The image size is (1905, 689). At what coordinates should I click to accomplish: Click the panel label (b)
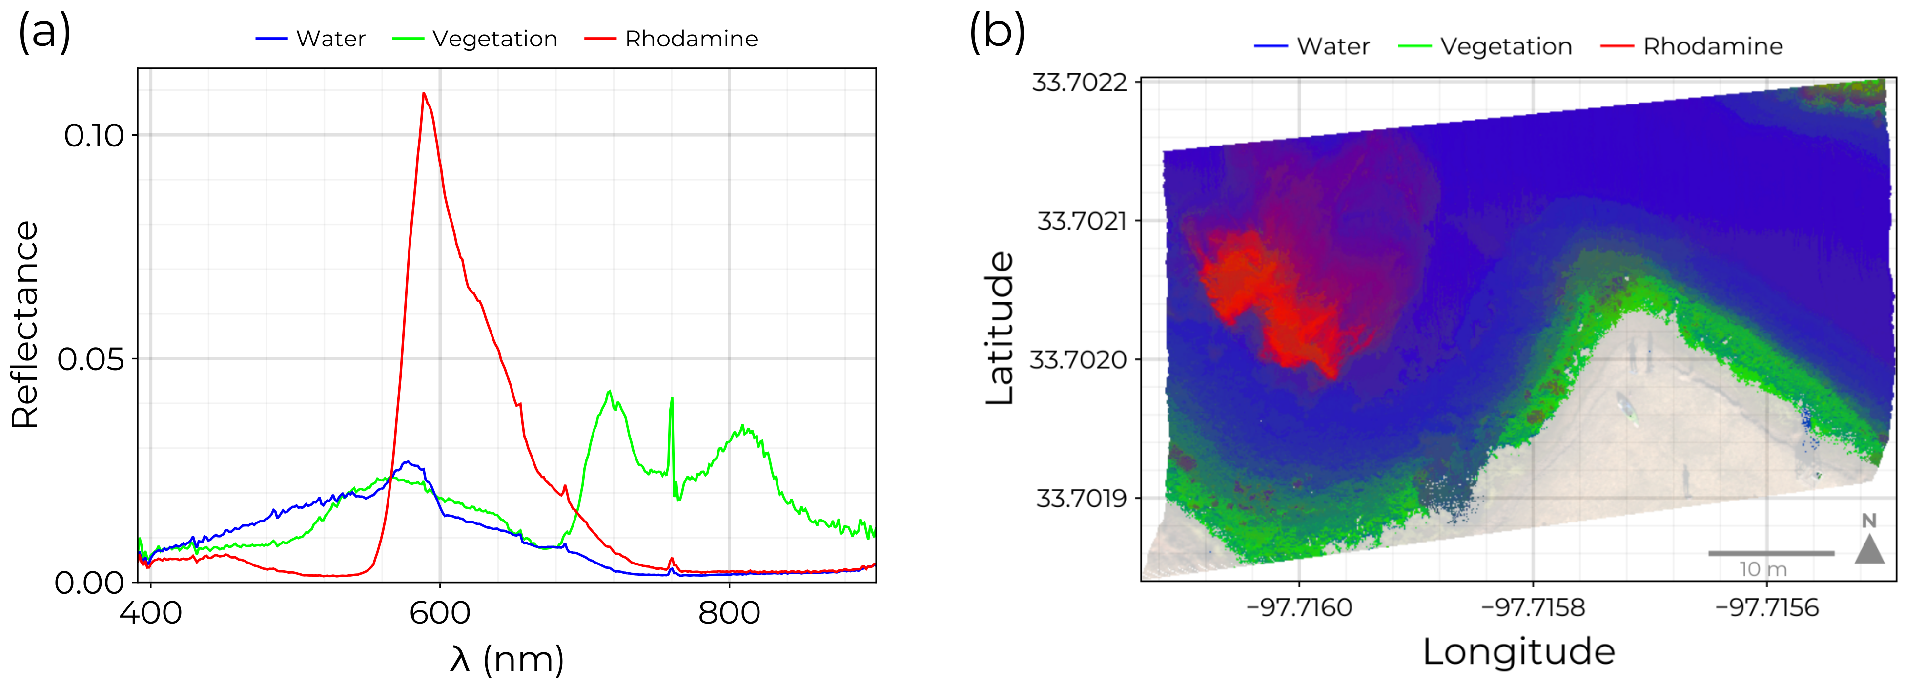[996, 33]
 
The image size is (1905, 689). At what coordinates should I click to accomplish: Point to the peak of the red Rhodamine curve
[424, 93]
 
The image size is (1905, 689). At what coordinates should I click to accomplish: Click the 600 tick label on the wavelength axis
[440, 613]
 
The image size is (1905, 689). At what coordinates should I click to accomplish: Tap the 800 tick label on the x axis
[729, 613]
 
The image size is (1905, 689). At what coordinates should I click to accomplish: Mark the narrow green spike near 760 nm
[672, 399]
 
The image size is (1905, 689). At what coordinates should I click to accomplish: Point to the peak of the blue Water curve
[407, 462]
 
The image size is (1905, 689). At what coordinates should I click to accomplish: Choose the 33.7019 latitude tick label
[1081, 498]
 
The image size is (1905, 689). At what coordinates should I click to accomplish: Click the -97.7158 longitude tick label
[1533, 607]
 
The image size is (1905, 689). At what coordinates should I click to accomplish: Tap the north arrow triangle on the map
[1869, 550]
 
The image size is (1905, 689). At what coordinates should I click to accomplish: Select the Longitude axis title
[1519, 652]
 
